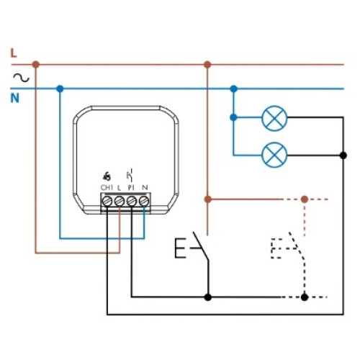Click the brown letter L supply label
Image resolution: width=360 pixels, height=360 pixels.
(x=14, y=53)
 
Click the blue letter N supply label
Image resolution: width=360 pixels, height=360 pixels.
(x=14, y=99)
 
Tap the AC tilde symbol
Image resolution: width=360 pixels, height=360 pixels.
(x=21, y=78)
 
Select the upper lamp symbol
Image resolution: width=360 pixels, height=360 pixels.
(x=274, y=118)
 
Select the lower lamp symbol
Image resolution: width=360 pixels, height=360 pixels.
(x=274, y=155)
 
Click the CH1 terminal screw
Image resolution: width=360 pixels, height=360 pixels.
(x=107, y=201)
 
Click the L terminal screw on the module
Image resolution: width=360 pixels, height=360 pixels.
(x=120, y=201)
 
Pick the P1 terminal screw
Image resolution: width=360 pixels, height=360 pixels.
(x=132, y=201)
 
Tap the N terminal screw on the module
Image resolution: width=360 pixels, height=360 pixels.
(x=144, y=201)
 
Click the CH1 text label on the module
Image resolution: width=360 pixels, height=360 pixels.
(x=107, y=188)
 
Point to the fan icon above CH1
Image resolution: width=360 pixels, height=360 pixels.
(x=107, y=176)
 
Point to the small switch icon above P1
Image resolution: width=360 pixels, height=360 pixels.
(x=130, y=175)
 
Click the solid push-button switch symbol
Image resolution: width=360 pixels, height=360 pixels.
(x=192, y=247)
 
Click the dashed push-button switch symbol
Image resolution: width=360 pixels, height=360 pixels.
(x=288, y=247)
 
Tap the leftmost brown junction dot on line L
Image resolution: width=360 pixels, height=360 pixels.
(x=36, y=64)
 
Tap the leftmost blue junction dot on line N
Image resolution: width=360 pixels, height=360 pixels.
(x=60, y=89)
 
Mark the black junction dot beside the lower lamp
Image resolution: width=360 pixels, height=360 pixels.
(x=343, y=156)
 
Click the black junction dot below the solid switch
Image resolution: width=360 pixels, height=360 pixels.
(x=208, y=297)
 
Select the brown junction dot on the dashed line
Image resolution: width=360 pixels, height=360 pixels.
(x=305, y=199)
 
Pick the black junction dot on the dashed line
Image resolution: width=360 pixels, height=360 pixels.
(x=305, y=297)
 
